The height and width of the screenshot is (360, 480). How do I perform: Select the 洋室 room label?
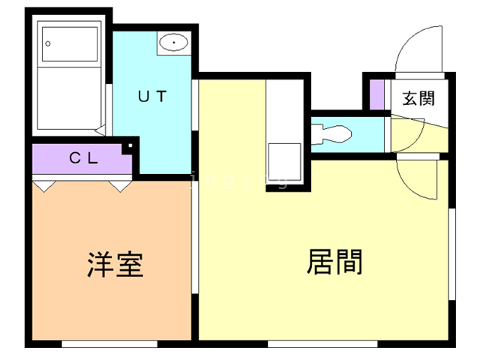click(x=115, y=265)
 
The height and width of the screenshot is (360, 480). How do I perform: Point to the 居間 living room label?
click(x=335, y=262)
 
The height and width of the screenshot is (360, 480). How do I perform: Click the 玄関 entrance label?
click(x=417, y=97)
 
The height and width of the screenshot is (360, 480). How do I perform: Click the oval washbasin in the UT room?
click(x=173, y=43)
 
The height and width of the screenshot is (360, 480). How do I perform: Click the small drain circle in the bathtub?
click(x=49, y=43)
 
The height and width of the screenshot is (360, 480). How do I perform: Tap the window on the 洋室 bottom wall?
click(x=109, y=343)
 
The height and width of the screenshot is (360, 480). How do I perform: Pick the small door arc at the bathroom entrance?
click(x=104, y=127)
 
